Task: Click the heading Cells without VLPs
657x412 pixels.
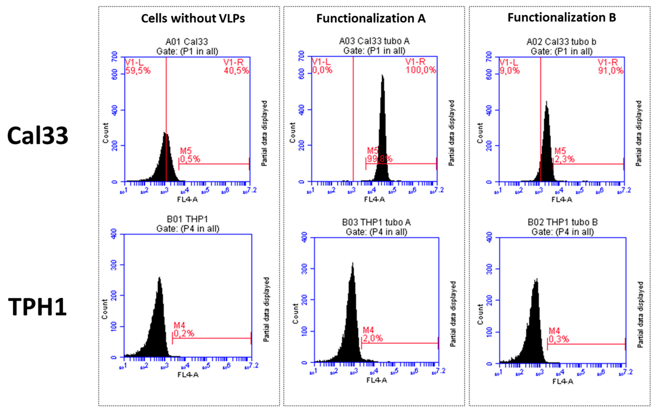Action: pyautogui.click(x=193, y=18)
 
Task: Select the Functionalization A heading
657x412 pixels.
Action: pyautogui.click(x=371, y=18)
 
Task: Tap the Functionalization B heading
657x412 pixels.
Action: pyautogui.click(x=561, y=17)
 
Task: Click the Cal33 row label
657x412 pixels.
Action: pyautogui.click(x=38, y=136)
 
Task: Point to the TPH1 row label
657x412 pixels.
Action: pyautogui.click(x=38, y=307)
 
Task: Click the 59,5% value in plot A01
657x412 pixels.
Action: pyautogui.click(x=138, y=71)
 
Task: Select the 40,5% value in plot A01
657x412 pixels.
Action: pyautogui.click(x=236, y=71)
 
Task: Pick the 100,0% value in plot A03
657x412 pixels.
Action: pyautogui.click(x=421, y=70)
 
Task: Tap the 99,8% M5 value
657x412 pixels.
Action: pyautogui.click(x=379, y=159)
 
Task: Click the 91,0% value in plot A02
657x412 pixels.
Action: pyautogui.click(x=610, y=71)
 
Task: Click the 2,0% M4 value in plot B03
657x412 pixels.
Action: pyautogui.click(x=372, y=338)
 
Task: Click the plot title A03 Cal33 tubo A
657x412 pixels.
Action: pyautogui.click(x=374, y=41)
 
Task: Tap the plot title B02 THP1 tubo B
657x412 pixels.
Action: pyautogui.click(x=562, y=222)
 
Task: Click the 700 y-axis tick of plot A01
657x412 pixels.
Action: pyautogui.click(x=115, y=57)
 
